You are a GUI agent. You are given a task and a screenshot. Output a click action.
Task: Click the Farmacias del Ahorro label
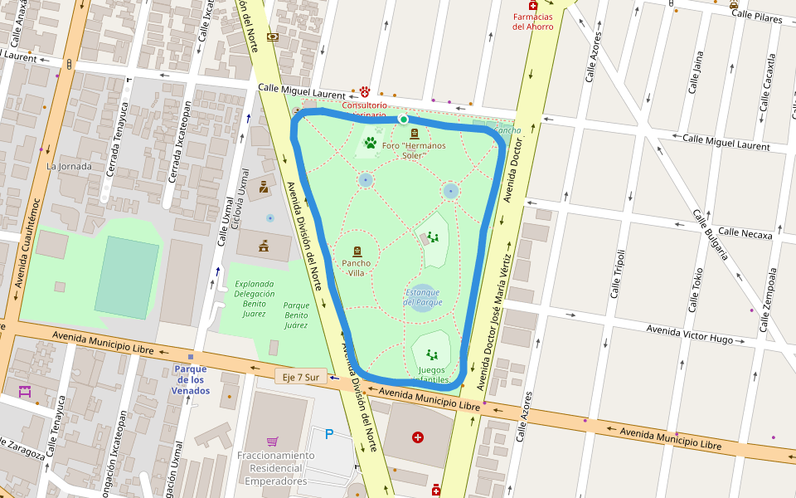click(x=532, y=21)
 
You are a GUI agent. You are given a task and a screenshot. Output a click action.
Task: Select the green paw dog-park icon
click(x=370, y=143)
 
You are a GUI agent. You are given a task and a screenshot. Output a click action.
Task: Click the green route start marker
click(x=404, y=120)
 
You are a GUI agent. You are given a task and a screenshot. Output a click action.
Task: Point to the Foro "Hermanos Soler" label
click(x=414, y=150)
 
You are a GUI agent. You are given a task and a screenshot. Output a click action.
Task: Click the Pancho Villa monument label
click(x=357, y=268)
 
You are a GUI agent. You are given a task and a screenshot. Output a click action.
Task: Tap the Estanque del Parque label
click(x=423, y=297)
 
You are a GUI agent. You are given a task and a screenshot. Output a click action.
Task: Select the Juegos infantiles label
click(x=431, y=375)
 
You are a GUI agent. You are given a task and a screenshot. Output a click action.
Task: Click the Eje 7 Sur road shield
click(x=300, y=377)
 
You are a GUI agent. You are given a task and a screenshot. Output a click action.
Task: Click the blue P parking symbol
click(x=329, y=433)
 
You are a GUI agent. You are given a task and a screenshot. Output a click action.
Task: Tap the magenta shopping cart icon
click(x=272, y=441)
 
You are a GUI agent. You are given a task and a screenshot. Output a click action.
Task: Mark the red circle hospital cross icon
click(x=418, y=437)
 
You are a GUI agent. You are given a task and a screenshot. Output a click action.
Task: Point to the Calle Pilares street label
click(x=757, y=15)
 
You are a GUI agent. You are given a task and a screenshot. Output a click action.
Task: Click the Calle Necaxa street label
click(x=745, y=233)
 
